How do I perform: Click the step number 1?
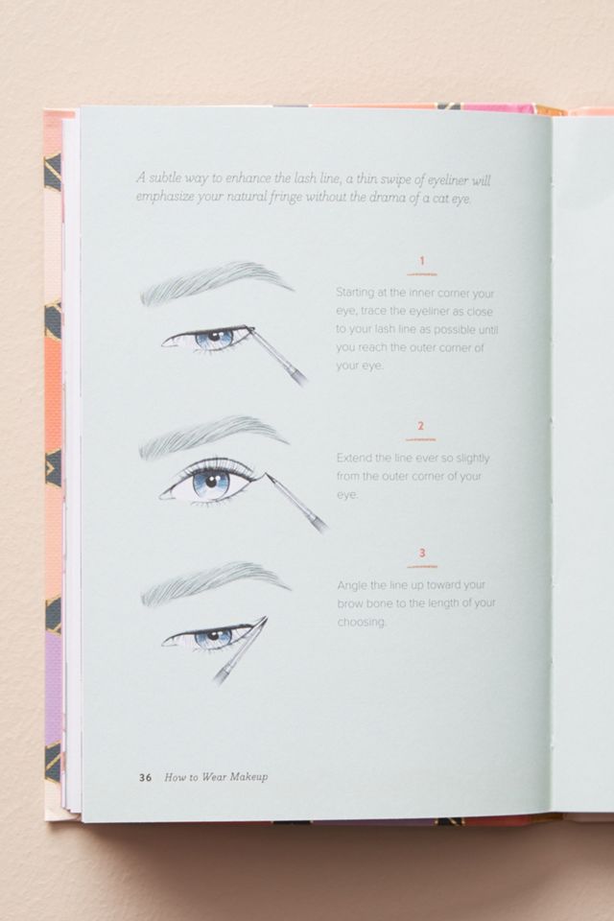[x=422, y=261]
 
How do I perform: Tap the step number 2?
[x=421, y=426]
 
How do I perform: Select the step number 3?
[x=422, y=553]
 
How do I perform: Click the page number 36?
[x=145, y=778]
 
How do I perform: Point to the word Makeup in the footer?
[x=248, y=777]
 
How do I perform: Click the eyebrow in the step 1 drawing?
[x=216, y=282]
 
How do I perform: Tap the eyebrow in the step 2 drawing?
[x=214, y=436]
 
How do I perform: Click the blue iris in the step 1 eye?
[x=214, y=338]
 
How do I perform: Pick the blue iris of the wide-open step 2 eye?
[x=211, y=484]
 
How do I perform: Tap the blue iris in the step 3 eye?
[x=214, y=637]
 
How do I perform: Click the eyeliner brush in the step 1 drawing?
[x=276, y=356]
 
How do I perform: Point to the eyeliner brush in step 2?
[x=295, y=503]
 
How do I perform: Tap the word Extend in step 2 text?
[x=354, y=458]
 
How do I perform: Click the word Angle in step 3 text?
[x=353, y=585]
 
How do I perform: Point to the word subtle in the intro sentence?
[x=165, y=177]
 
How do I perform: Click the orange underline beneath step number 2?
[x=421, y=439]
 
